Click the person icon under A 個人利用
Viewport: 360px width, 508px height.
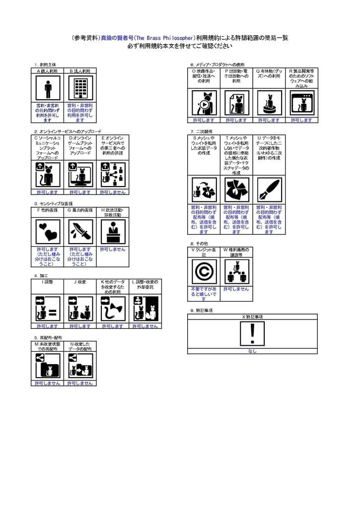pyautogui.click(x=48, y=88)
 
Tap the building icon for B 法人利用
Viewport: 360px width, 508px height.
pyautogui.click(x=80, y=88)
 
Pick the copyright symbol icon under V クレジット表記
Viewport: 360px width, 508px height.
pyautogui.click(x=204, y=271)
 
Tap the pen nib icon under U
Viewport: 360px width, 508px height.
pyautogui.click(x=269, y=190)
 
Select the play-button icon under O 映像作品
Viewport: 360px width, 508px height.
pyautogui.click(x=204, y=103)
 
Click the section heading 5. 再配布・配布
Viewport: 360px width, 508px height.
pyautogui.click(x=49, y=337)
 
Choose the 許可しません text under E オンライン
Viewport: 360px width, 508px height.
pyautogui.click(x=113, y=192)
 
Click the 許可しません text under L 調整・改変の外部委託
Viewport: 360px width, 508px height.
pyautogui.click(x=145, y=326)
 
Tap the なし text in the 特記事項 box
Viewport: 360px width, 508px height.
pyautogui.click(x=252, y=351)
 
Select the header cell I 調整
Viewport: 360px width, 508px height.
pyautogui.click(x=48, y=282)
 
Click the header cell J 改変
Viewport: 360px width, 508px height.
pyautogui.click(x=80, y=282)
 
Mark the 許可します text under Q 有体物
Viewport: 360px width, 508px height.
pyautogui.click(x=269, y=120)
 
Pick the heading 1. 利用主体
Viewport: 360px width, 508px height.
pyautogui.click(x=45, y=64)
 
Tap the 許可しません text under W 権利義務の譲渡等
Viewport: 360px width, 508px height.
pyautogui.click(x=236, y=289)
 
